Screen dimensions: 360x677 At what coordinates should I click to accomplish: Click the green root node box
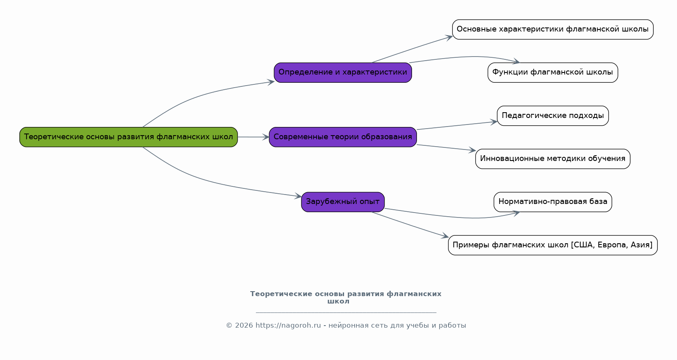pos(128,137)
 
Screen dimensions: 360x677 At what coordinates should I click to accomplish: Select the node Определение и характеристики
pos(343,72)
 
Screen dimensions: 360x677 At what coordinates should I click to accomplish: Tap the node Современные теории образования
pos(343,137)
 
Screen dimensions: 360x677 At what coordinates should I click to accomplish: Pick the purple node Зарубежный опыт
pos(343,202)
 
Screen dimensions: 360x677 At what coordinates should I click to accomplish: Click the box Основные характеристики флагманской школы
pos(552,29)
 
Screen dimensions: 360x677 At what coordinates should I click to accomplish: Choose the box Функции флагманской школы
pos(552,72)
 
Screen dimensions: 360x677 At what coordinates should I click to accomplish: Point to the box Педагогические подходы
pos(552,116)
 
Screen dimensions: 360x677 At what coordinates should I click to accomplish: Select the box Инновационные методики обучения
pos(552,159)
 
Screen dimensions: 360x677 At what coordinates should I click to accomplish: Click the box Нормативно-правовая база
pos(552,202)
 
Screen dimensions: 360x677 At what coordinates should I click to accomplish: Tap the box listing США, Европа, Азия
pos(552,245)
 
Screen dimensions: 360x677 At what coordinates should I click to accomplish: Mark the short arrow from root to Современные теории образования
pos(253,137)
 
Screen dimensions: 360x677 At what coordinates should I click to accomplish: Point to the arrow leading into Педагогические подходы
pos(457,126)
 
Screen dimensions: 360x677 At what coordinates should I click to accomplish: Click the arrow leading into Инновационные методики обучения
pos(446,148)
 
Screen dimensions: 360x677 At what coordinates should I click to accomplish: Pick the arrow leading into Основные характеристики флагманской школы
pos(412,50)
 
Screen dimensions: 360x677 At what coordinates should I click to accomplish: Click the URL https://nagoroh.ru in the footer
pos(288,326)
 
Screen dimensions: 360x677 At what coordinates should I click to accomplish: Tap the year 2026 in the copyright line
pos(244,326)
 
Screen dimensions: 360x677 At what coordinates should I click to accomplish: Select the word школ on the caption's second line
pos(338,301)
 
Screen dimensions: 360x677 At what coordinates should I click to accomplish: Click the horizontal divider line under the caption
pos(346,312)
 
